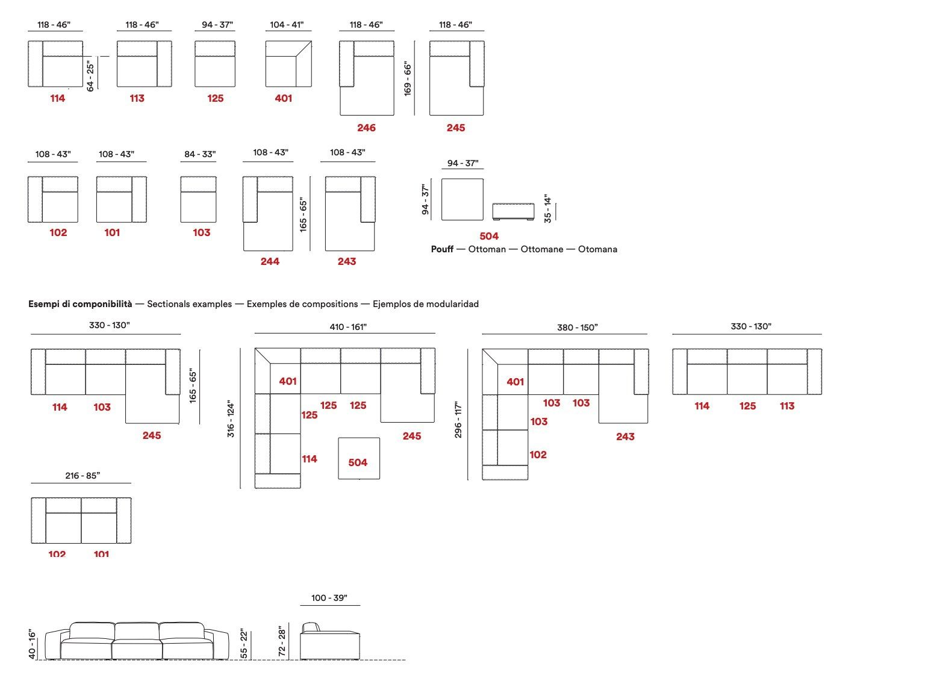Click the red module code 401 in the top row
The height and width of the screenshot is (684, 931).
tap(283, 98)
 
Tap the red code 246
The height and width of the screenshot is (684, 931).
tap(366, 128)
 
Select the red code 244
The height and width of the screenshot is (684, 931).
tap(270, 261)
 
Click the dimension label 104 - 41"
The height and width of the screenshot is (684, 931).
tap(287, 25)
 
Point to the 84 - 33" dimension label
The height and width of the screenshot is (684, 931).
tap(200, 154)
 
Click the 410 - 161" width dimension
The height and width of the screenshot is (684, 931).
tap(348, 327)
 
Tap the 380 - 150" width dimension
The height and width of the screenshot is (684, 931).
tap(577, 328)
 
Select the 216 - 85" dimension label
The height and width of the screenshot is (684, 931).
tap(83, 476)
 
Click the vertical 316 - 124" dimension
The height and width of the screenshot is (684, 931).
tap(231, 418)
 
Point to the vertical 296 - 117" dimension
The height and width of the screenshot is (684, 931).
tap(459, 419)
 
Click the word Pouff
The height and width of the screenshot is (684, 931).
tap(442, 249)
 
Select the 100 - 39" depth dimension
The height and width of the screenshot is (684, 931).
tap(329, 598)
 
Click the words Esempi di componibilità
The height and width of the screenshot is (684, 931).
tap(80, 304)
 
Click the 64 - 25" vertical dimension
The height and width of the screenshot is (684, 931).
tap(91, 75)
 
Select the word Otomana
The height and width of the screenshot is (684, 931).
tap(597, 249)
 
